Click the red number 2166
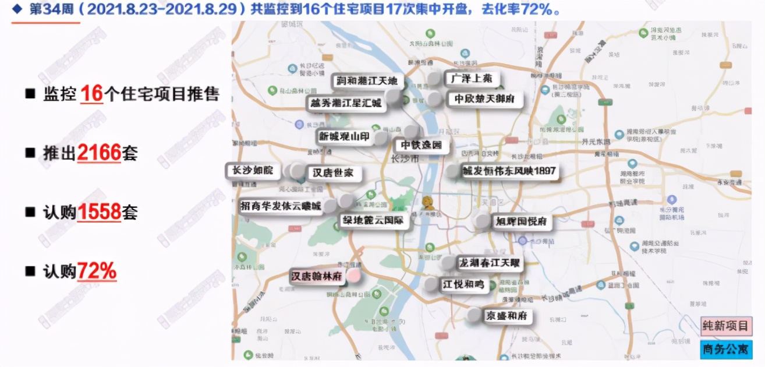(98, 153)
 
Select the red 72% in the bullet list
(97, 271)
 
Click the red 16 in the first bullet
(91, 94)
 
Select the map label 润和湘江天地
(367, 81)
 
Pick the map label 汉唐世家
(333, 173)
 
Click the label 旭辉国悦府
(521, 221)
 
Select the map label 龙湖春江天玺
(488, 263)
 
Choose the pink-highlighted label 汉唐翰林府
(316, 276)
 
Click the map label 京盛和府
(507, 316)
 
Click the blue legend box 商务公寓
(725, 349)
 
